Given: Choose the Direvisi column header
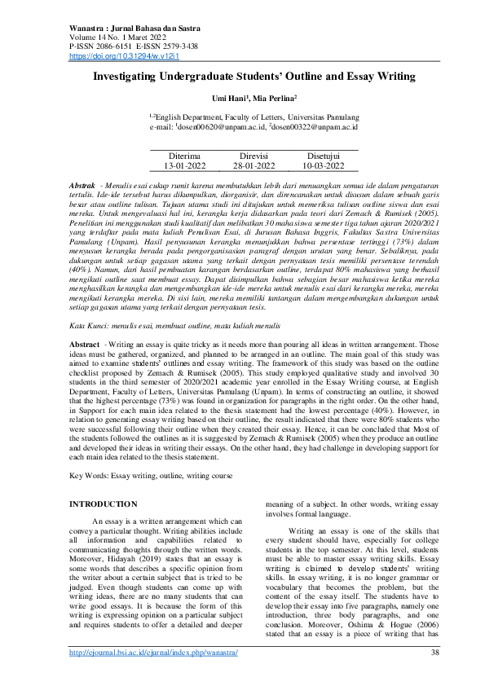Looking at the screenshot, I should (x=253, y=154).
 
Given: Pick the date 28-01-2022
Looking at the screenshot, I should (x=253, y=165).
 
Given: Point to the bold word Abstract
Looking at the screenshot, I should (x=86, y=368).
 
